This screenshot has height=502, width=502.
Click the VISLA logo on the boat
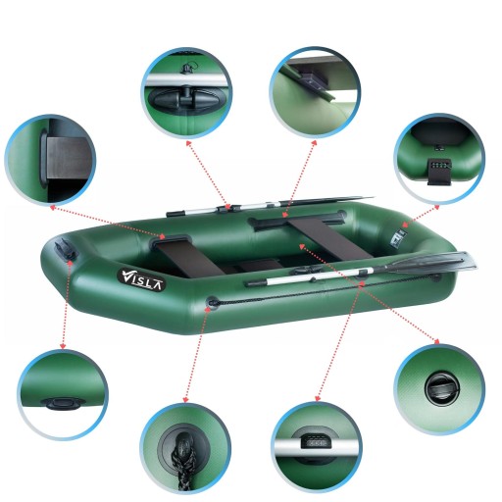pyautogui.click(x=141, y=279)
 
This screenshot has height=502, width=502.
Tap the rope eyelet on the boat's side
pyautogui.click(x=213, y=302)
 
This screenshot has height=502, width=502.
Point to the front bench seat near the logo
pyautogui.click(x=189, y=258)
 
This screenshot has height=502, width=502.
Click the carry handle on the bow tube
pyautogui.click(x=67, y=249)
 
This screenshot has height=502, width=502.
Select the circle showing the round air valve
pyautogui.click(x=439, y=389)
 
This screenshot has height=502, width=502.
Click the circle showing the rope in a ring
pyautogui.click(x=185, y=448)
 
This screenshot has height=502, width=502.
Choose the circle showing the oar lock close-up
pyautogui.click(x=187, y=93)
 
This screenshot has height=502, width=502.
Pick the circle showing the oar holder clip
pyautogui.click(x=316, y=447)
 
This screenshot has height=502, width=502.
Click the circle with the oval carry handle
pyautogui.click(x=63, y=395)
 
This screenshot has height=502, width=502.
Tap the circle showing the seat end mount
pyautogui.click(x=50, y=160)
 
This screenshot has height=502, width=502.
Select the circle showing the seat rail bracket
pyautogui.click(x=315, y=92)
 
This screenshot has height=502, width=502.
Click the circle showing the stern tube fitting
pyautogui.click(x=439, y=159)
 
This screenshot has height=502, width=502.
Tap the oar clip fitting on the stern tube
pyautogui.click(x=398, y=237)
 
